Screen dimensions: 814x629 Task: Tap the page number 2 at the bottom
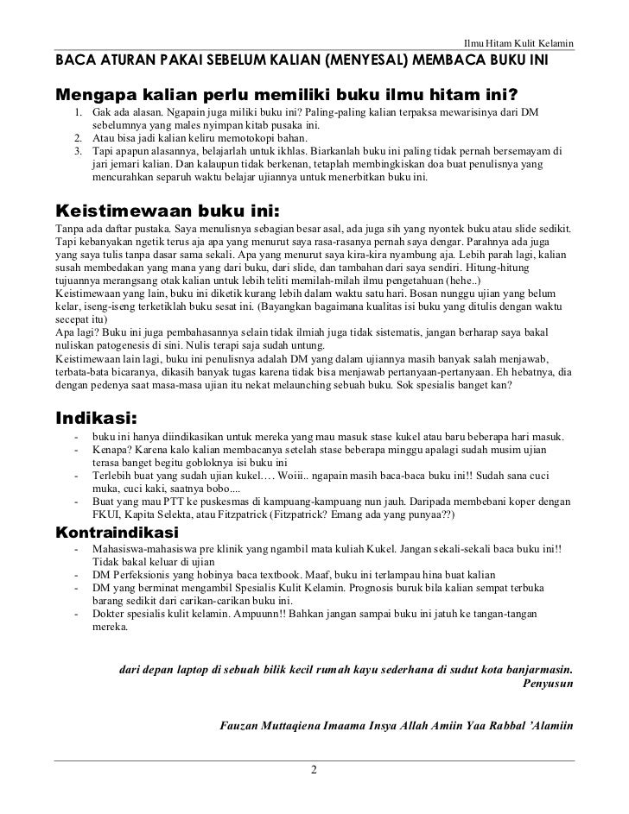pyautogui.click(x=314, y=770)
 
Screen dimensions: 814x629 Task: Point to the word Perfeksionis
pyautogui.click(x=143, y=573)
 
